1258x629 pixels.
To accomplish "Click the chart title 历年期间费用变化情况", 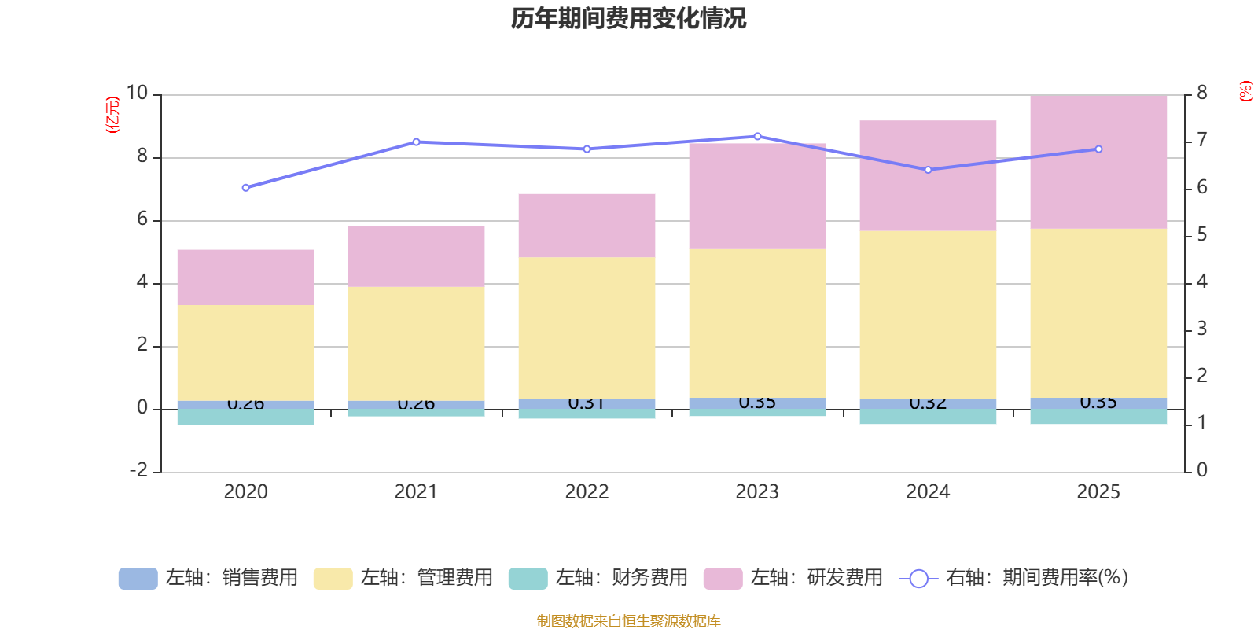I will [x=628, y=19].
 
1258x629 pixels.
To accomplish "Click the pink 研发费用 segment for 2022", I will [x=587, y=226].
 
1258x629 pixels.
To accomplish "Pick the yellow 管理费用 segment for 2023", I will [x=757, y=323].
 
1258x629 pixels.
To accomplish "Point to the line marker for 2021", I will [x=416, y=142].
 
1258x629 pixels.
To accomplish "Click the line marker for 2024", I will [x=928, y=170].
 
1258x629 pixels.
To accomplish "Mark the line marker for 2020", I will [x=245, y=188].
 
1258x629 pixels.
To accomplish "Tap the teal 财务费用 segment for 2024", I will [x=928, y=417].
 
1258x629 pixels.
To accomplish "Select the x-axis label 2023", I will [x=757, y=492].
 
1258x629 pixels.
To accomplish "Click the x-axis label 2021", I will [x=416, y=492].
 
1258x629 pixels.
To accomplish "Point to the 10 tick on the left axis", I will [x=138, y=94].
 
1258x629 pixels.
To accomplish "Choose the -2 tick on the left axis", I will [x=138, y=470].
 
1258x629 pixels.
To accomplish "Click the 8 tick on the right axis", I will [x=1201, y=94].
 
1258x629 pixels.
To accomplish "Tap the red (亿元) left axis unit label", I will [x=112, y=115].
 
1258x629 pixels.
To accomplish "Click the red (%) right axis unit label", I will [x=1245, y=91].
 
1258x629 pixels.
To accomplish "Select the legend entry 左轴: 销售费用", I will [x=208, y=578].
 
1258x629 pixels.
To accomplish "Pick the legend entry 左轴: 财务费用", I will [x=598, y=578].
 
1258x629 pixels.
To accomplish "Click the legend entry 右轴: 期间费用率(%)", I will [x=1014, y=578].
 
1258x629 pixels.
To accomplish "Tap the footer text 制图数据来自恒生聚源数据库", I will [x=628, y=621].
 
